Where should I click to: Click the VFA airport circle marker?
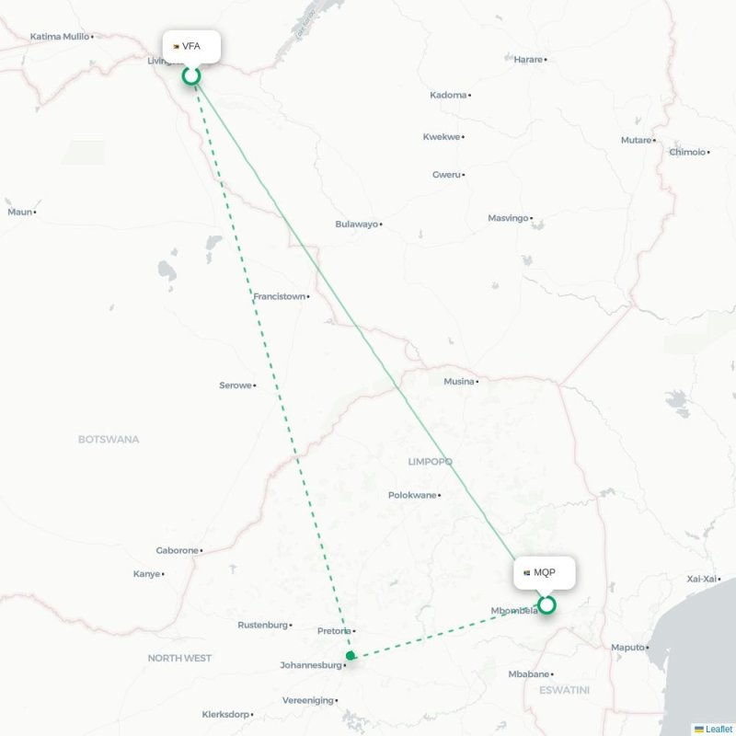[191, 75]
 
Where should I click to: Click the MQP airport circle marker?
[546, 604]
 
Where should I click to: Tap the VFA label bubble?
[192, 46]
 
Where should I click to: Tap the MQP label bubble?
[545, 572]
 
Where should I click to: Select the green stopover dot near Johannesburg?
[351, 655]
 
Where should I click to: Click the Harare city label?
[528, 59]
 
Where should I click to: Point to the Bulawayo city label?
[356, 224]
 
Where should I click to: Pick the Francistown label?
[279, 296]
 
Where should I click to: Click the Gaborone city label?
[177, 550]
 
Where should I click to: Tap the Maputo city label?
[627, 647]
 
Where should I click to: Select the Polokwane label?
[411, 495]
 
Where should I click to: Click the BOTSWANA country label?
[109, 439]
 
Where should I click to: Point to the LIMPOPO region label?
[430, 461]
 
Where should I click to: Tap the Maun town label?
[19, 212]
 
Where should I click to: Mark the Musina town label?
[458, 381]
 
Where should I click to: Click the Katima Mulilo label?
[60, 37]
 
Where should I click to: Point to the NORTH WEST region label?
[179, 658]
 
